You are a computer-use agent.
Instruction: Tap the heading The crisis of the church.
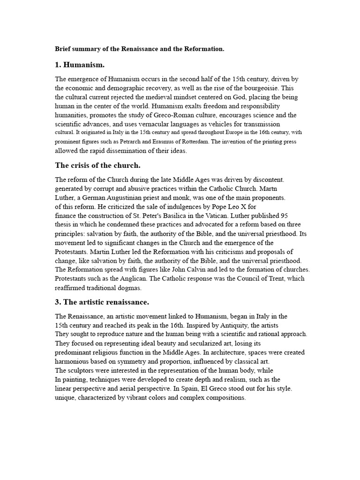click(97, 165)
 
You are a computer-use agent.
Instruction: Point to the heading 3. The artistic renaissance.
click(102, 301)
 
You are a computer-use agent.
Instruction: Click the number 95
click(284, 216)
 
